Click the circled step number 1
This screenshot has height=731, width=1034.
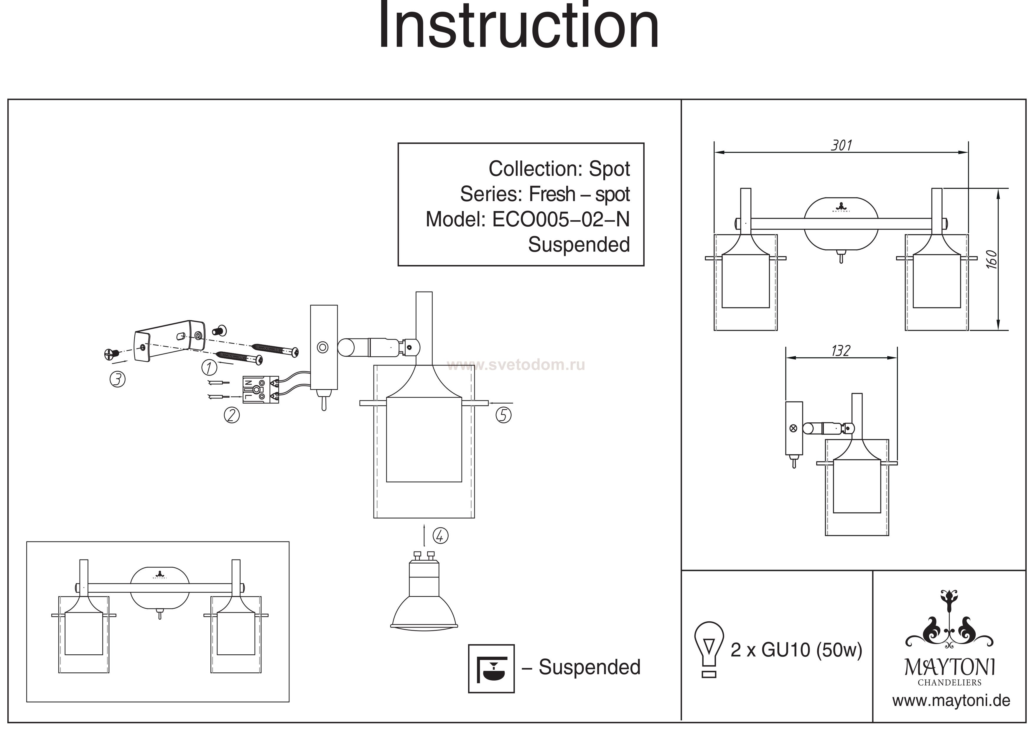point(209,368)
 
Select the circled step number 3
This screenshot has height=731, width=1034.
point(118,379)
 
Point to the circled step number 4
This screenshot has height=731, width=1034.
point(440,536)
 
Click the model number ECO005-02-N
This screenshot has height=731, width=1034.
point(561,220)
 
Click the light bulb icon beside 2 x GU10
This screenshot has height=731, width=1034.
point(709,648)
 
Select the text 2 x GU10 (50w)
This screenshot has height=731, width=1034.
point(796,650)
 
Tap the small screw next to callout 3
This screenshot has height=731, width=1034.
point(111,354)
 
